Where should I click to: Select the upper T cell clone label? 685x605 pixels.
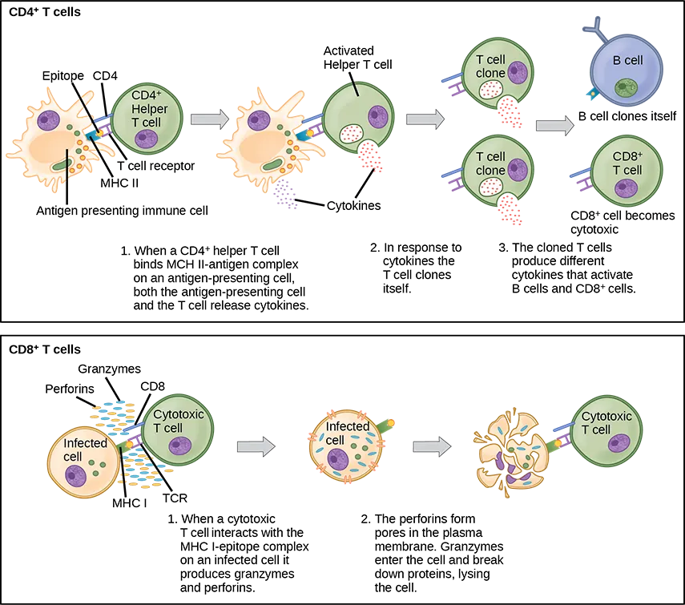(x=490, y=67)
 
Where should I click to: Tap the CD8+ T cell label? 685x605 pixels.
(x=627, y=163)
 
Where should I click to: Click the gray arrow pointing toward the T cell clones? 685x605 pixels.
(x=425, y=119)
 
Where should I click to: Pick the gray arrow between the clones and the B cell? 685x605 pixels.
(x=554, y=126)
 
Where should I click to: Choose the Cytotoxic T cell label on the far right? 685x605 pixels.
(x=606, y=423)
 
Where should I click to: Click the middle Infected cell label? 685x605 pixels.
(x=346, y=434)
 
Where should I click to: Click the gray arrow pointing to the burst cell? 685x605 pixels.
(x=431, y=446)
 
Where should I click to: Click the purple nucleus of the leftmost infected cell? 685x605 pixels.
(x=77, y=478)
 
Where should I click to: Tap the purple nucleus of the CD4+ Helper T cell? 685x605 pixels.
(x=146, y=138)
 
